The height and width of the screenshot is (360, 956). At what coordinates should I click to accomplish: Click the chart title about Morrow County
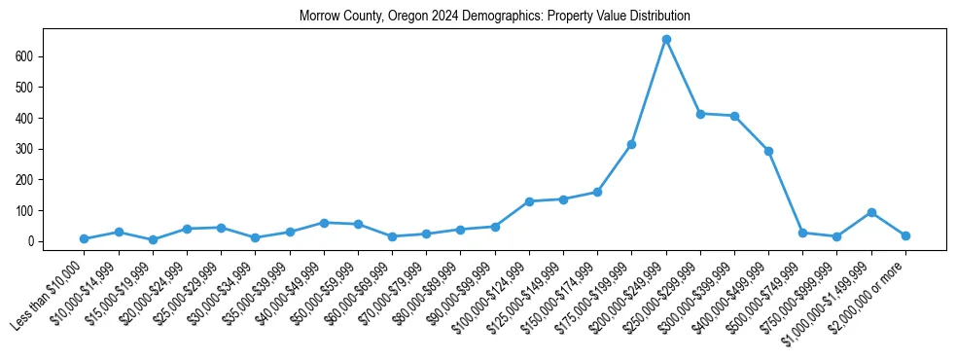pos(494,16)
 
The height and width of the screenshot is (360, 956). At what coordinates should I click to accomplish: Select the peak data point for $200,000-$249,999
pos(666,39)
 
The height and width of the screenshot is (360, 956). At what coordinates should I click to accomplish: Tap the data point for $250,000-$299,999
pos(700,114)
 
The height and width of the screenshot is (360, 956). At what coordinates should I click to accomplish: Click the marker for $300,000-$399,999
pos(734,117)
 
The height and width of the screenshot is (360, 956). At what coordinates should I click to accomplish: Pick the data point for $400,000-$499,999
pos(768,151)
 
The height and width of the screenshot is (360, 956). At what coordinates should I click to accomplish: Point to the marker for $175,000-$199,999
pos(631,144)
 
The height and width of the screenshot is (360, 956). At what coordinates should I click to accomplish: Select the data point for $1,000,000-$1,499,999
pos(871,212)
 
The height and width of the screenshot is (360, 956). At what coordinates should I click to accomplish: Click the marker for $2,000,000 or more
pos(905,235)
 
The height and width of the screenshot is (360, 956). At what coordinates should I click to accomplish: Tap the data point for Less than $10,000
pos(84,238)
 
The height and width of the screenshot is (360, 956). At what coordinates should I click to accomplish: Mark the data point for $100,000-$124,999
pos(529,201)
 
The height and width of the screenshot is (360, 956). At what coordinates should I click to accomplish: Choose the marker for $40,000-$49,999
pos(324,223)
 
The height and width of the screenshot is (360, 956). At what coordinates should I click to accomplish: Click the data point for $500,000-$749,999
pos(802,233)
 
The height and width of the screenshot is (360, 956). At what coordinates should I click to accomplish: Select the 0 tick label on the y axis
pos(31,241)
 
